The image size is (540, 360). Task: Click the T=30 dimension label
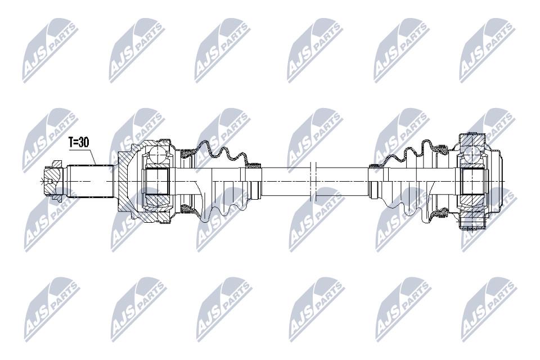point(79,142)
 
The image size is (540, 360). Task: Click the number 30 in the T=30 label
point(84,142)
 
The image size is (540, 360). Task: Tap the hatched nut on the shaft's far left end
point(53,181)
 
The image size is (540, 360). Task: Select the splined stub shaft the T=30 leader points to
point(90,181)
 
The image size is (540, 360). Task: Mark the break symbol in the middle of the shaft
point(313,181)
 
